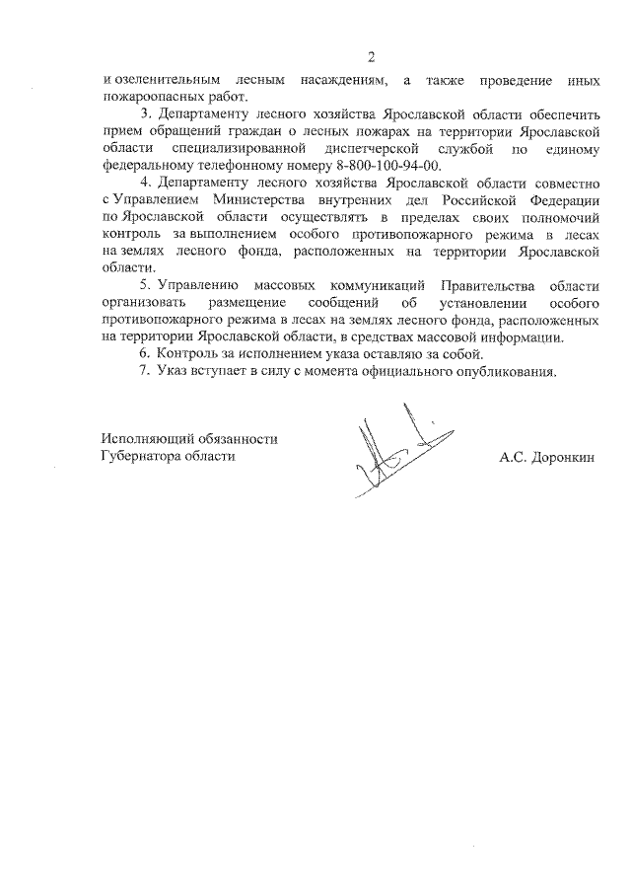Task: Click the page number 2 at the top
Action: tap(371, 56)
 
